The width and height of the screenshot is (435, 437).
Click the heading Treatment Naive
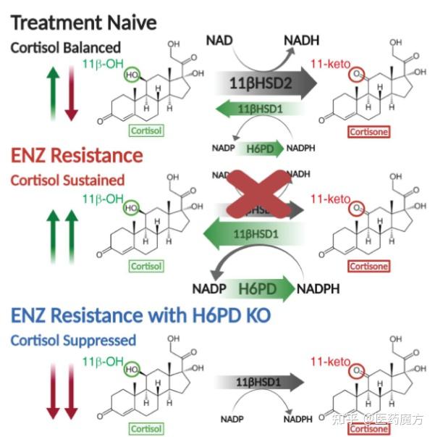(x=84, y=22)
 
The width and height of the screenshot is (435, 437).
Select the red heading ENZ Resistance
(x=76, y=155)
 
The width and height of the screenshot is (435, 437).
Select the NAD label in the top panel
(x=220, y=39)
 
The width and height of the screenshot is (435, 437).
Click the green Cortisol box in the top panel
(x=146, y=131)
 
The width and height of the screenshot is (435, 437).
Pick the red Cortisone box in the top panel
(x=369, y=132)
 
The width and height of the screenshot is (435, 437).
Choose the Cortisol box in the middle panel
(x=146, y=266)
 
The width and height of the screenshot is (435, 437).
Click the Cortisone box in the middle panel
(x=369, y=266)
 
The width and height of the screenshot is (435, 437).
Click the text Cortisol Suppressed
(x=73, y=340)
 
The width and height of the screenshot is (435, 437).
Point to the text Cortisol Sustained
(x=67, y=180)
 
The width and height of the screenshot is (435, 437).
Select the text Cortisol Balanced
(x=66, y=48)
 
